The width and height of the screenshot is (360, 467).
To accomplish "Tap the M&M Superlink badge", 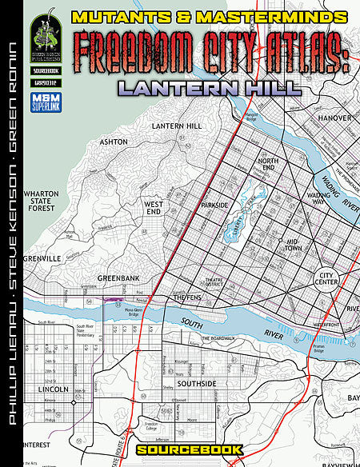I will (x=44, y=95).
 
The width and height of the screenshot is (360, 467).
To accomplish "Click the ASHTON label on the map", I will (x=112, y=142).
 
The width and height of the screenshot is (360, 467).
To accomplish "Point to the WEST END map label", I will (x=154, y=208).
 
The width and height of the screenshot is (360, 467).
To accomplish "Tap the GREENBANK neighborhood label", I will (x=119, y=277).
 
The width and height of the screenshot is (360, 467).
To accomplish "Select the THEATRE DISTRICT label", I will (x=214, y=281).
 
